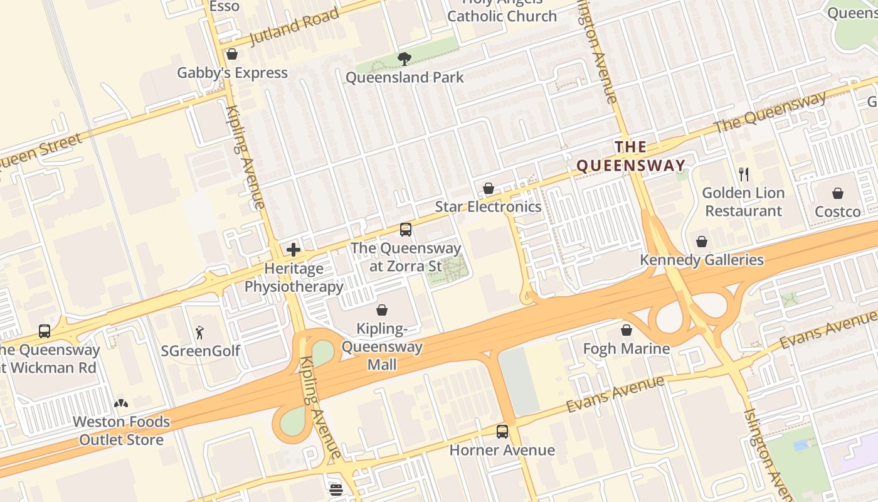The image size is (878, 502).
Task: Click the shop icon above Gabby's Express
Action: click(232, 55)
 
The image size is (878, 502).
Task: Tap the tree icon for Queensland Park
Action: click(405, 59)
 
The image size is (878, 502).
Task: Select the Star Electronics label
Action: click(488, 206)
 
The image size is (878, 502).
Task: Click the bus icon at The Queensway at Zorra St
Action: click(406, 230)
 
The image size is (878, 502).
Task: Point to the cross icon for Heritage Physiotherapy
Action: click(293, 250)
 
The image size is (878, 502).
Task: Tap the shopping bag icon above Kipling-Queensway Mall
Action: click(381, 310)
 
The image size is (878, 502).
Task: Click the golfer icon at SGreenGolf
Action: click(200, 333)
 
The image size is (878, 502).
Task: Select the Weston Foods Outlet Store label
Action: click(121, 430)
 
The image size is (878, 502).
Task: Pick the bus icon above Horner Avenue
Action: click(502, 432)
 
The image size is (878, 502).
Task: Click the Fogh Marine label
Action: click(626, 348)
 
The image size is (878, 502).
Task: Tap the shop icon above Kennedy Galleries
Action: click(701, 242)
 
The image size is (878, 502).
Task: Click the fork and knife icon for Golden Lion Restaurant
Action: click(744, 174)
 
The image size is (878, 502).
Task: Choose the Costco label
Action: click(837, 211)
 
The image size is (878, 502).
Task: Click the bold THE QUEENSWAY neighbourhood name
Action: click(630, 157)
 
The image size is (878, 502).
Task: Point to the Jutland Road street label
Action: click(294, 27)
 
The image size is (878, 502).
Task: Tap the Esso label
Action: click(224, 6)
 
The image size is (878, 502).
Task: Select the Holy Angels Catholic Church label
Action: click(502, 11)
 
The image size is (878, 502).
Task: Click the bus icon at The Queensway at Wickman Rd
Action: click(45, 331)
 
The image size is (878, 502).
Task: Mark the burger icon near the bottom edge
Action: click(336, 490)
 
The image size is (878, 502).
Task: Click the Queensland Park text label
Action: click(405, 77)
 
